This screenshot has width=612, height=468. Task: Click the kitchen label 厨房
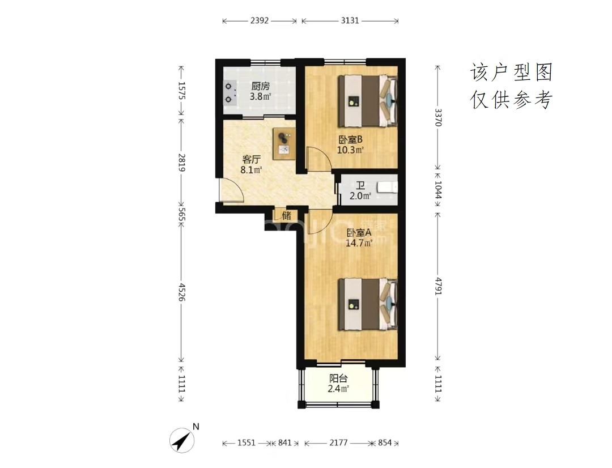click(260, 86)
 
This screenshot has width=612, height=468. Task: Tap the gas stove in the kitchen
click(231, 93)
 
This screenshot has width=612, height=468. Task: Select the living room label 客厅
click(252, 159)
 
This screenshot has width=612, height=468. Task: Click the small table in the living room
click(284, 143)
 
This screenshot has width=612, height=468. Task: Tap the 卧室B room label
click(351, 139)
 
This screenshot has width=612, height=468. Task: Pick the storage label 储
click(287, 215)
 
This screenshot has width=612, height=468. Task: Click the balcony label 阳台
click(338, 378)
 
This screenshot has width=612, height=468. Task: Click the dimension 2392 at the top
click(260, 21)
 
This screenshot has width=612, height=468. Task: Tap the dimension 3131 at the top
click(350, 21)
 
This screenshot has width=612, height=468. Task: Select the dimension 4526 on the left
click(181, 292)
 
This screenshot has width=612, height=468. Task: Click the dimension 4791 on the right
click(438, 287)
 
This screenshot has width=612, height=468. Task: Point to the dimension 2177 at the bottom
click(338, 443)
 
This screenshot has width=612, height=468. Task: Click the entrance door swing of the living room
click(231, 190)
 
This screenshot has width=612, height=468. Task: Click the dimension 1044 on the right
click(438, 189)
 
